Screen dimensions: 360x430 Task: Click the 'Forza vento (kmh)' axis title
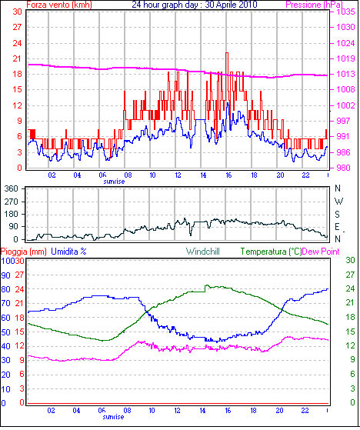point(59,5)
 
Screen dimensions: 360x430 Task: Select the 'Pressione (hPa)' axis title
point(314,5)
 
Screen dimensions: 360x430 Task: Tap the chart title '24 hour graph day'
point(165,5)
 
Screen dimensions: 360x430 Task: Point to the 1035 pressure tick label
point(345,12)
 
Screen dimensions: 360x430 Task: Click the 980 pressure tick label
point(343,168)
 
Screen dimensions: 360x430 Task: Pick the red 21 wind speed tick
point(17,58)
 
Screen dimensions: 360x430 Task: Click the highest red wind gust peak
point(227,53)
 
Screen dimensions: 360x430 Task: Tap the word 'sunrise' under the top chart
point(114,182)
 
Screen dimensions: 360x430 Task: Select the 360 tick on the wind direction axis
point(12,188)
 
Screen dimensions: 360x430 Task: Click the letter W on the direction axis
point(338,202)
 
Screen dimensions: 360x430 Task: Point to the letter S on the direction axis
point(337,214)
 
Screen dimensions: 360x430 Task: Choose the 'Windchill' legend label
point(203,252)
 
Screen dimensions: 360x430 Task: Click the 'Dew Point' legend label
point(321,252)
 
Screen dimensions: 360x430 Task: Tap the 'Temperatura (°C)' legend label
point(271,252)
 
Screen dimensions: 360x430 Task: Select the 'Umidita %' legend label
point(68,252)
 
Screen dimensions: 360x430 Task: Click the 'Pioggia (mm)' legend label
point(24,252)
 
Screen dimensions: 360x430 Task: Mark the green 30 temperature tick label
point(350,260)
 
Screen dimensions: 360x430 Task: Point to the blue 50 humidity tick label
point(5,332)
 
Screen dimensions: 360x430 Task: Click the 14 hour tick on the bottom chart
point(202,411)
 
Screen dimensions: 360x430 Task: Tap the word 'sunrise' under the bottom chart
point(114,417)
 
